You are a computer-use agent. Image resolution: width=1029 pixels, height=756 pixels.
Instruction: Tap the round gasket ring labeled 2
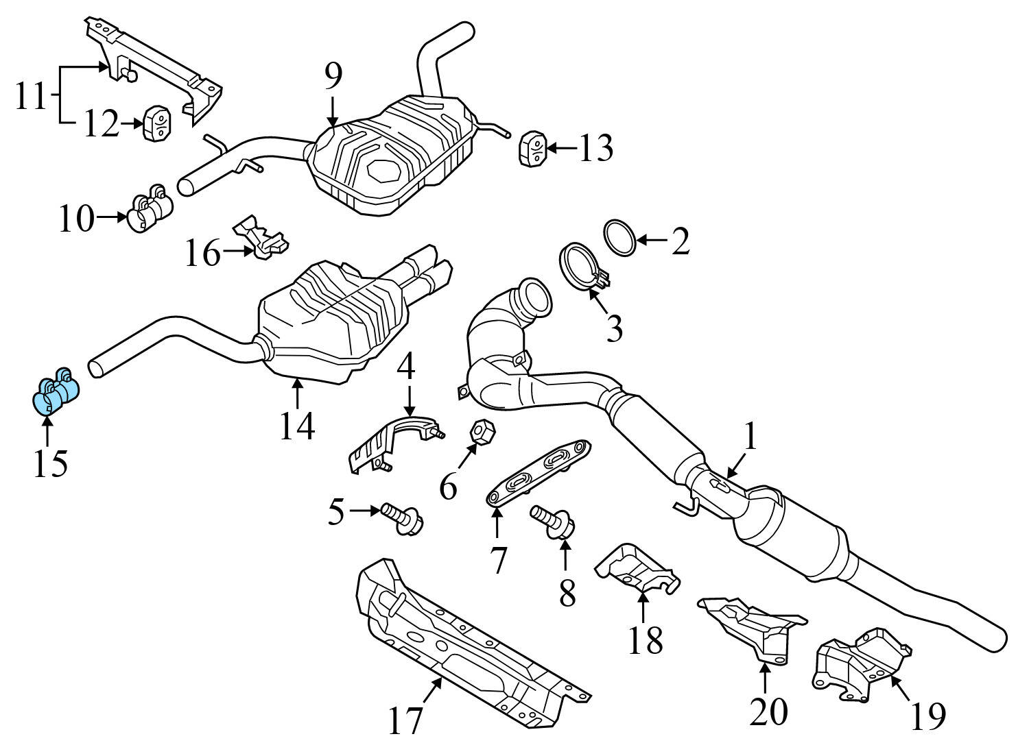click(x=619, y=238)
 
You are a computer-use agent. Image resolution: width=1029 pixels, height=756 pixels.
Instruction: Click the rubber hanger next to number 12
click(x=157, y=124)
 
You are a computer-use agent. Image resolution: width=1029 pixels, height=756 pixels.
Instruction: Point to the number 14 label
click(x=296, y=426)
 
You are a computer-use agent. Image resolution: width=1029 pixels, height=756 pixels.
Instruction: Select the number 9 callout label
click(x=333, y=77)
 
